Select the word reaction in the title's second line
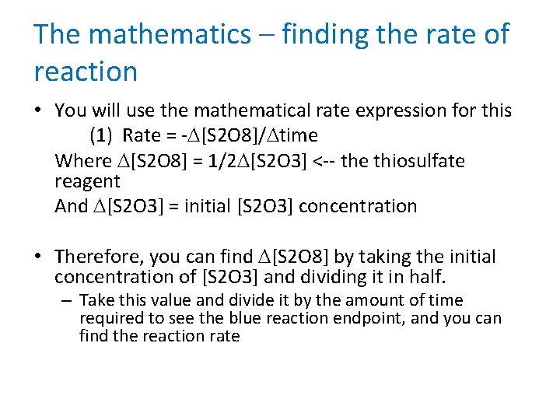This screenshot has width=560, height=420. click(86, 72)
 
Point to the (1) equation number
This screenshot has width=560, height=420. click(102, 135)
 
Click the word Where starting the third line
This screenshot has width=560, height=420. click(83, 161)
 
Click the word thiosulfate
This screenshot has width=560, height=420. click(425, 161)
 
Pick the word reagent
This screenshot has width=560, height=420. click(87, 182)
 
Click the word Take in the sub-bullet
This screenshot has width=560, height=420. click(96, 300)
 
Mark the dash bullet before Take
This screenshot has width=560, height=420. click(68, 300)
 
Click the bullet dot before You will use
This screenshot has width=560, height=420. click(39, 111)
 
